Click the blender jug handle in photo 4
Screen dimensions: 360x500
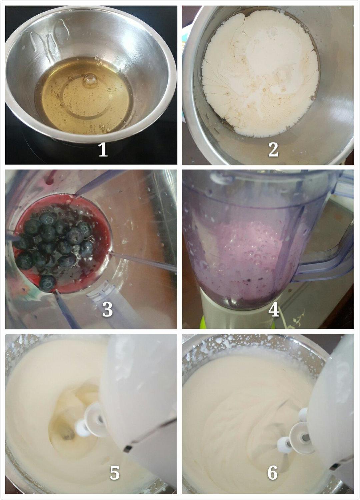pyautogui.click(x=324, y=250)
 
